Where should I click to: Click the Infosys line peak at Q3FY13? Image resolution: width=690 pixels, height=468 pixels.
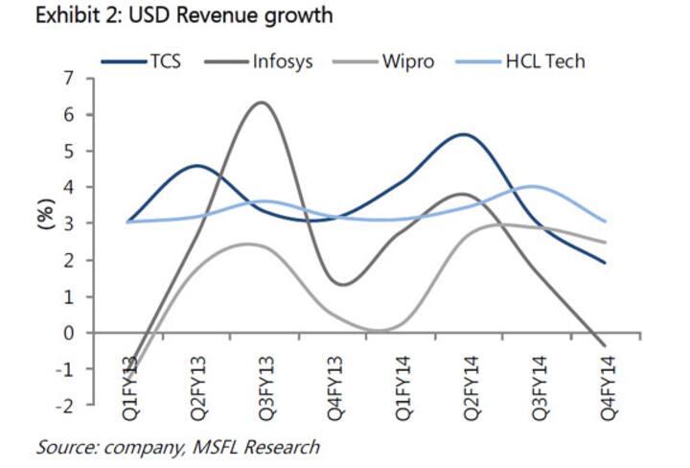[261, 103]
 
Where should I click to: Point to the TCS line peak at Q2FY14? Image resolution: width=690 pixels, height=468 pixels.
[465, 134]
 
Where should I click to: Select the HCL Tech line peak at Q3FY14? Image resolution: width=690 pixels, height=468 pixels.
[533, 186]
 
